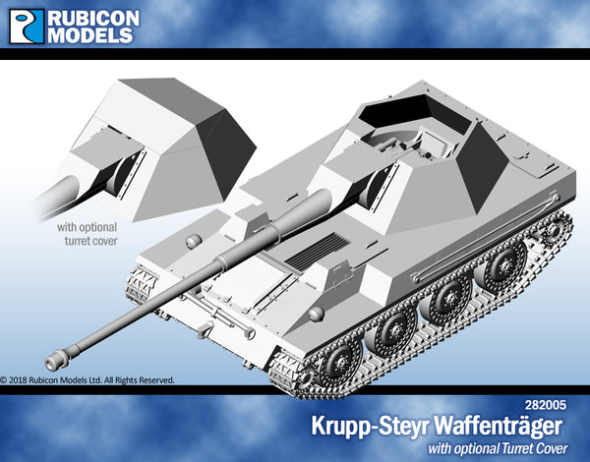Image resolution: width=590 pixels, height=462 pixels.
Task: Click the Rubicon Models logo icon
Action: tap(27, 27)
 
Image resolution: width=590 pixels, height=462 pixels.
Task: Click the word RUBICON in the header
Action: tap(93, 18)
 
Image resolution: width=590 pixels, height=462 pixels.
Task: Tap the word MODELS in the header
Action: tap(90, 35)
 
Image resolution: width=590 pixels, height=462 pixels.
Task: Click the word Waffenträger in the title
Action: tap(498, 427)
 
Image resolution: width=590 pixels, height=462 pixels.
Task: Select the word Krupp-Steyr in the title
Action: tap(371, 427)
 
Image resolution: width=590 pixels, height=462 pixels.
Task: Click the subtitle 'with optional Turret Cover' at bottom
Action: tap(498, 448)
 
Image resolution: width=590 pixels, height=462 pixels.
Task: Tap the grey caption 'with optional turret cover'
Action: tap(88, 234)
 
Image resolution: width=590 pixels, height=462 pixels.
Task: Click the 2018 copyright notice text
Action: tap(88, 380)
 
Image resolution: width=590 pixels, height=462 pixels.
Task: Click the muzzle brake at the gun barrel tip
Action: tap(57, 360)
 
